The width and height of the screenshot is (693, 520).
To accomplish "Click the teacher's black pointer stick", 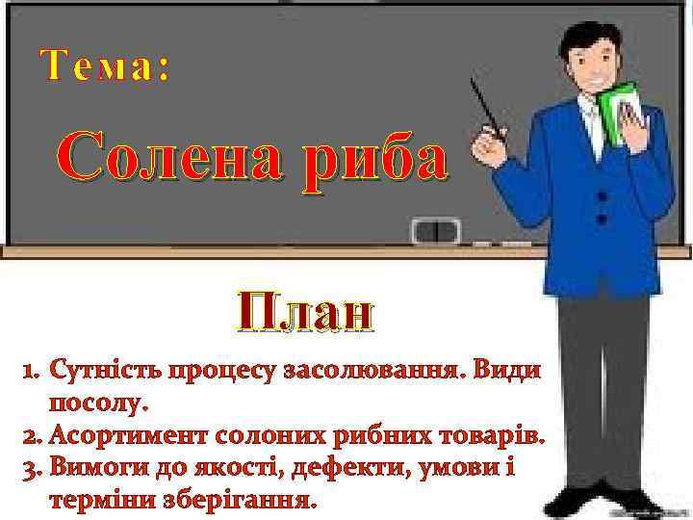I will pyautogui.click(x=487, y=111).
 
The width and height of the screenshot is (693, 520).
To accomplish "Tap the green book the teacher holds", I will pyautogui.click(x=617, y=106).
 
